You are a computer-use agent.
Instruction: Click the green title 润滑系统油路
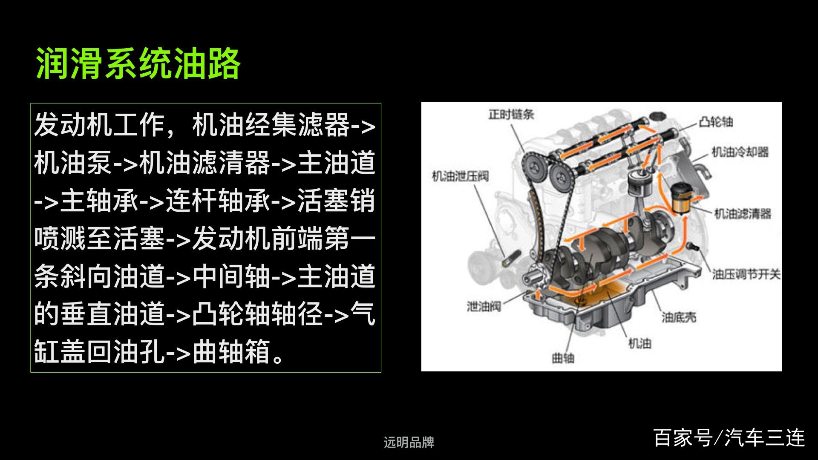click(138, 63)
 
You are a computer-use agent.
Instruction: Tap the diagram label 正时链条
click(511, 114)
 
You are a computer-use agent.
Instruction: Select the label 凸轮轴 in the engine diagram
click(716, 122)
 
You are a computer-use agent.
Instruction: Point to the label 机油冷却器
click(740, 152)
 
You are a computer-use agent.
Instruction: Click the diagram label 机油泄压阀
click(460, 176)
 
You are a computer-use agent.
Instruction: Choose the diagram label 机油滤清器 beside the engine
click(743, 213)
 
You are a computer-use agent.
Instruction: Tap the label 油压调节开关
click(746, 274)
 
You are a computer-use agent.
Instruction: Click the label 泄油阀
click(484, 306)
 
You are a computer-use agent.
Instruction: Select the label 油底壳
click(679, 317)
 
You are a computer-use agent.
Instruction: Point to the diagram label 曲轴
click(563, 358)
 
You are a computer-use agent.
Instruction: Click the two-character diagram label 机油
click(640, 343)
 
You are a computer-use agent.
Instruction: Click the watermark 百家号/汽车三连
click(729, 438)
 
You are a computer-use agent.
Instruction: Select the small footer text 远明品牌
click(409, 443)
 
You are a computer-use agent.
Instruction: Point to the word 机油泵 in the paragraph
click(73, 163)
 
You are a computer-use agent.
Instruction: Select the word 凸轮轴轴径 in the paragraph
click(258, 314)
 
